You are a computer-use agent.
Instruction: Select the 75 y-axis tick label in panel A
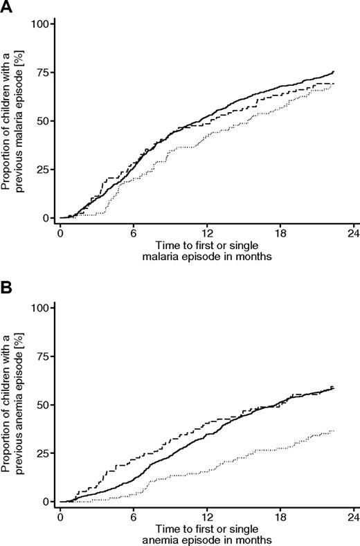pyautogui.click(x=42, y=73)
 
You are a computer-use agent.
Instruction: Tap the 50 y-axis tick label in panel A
pyautogui.click(x=42, y=121)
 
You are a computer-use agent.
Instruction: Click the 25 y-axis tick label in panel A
pyautogui.click(x=42, y=170)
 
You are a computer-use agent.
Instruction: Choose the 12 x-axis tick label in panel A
pyautogui.click(x=207, y=230)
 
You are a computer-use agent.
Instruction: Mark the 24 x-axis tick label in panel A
pyautogui.click(x=353, y=230)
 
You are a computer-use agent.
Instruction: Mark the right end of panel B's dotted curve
pyautogui.click(x=334, y=430)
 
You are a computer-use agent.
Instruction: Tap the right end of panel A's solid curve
pyautogui.click(x=334, y=71)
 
